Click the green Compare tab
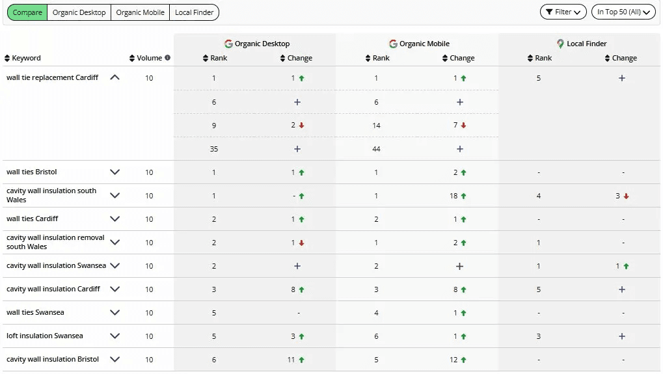click(x=27, y=12)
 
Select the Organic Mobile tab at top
click(x=140, y=12)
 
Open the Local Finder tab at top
click(x=194, y=12)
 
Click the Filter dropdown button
click(x=563, y=12)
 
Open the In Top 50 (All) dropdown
click(x=623, y=12)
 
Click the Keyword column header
click(x=26, y=58)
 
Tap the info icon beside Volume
click(x=168, y=58)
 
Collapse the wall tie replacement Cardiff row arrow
click(x=115, y=77)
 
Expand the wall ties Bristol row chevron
click(x=115, y=172)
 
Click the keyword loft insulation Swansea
click(x=45, y=336)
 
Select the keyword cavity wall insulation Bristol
click(x=53, y=359)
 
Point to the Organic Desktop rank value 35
click(x=214, y=149)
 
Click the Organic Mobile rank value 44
click(x=376, y=149)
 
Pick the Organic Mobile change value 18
click(x=453, y=196)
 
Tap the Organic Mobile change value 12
click(x=453, y=360)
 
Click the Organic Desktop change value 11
click(x=291, y=360)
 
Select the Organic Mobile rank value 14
click(x=376, y=126)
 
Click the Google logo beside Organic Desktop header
click(x=228, y=44)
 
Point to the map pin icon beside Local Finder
click(x=560, y=44)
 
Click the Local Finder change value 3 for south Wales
click(x=617, y=196)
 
